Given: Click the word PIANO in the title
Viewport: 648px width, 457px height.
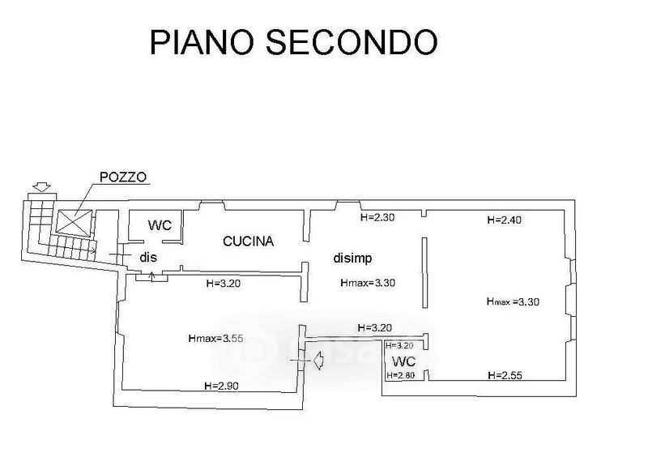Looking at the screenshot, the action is coord(201,42).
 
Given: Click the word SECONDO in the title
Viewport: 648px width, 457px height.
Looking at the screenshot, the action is coord(352,42).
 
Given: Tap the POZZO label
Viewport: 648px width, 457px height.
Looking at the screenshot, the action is coord(123,177).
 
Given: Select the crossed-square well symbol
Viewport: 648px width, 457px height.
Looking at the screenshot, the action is coord(75,221).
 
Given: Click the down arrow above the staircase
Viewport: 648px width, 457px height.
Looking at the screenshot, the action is coord(42,187).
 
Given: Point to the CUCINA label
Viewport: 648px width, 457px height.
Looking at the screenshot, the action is coord(249,241).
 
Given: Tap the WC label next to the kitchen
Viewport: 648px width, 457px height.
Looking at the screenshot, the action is coord(160,225).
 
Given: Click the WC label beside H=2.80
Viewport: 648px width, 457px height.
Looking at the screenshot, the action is coord(403,361).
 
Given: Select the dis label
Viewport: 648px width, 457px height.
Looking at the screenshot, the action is coord(148,257).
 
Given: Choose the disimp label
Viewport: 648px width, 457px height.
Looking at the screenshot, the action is coord(352,258).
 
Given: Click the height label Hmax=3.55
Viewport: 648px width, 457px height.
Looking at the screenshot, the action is coord(215,339).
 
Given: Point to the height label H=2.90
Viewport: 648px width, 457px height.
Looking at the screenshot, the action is coord(221,386).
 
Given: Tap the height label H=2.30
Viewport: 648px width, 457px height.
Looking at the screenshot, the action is coord(377,217).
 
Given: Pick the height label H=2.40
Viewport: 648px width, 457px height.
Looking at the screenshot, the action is coord(504,220).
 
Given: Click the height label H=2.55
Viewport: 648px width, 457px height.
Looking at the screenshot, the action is coord(505,375).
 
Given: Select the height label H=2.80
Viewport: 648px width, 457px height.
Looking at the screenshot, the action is coord(401,375).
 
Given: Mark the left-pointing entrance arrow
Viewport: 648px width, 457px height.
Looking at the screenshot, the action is coord(318,360).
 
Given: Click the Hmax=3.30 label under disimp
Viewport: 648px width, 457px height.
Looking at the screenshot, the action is coord(368,283).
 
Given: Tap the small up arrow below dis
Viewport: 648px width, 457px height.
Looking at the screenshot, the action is coord(151,275).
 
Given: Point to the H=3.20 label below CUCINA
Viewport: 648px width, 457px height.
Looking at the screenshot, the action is coord(224,284).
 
